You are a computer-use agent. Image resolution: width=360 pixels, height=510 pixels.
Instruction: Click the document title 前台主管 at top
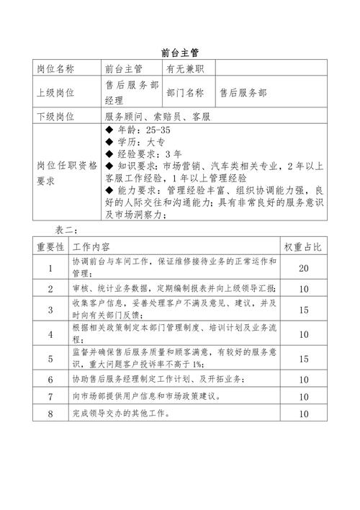point(180,52)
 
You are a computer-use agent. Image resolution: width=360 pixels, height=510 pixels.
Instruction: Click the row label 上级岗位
point(55,93)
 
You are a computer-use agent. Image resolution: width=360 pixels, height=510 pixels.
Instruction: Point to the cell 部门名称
point(185,93)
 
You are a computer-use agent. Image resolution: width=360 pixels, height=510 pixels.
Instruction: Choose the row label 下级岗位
point(55,117)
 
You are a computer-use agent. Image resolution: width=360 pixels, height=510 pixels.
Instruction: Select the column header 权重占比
point(303,247)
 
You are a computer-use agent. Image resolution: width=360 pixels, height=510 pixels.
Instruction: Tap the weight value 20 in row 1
point(303,268)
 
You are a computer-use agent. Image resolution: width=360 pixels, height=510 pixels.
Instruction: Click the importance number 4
point(50,334)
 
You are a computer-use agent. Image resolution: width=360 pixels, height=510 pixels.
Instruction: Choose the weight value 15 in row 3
point(303,310)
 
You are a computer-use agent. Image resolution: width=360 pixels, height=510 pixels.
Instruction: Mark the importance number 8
point(50,414)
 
